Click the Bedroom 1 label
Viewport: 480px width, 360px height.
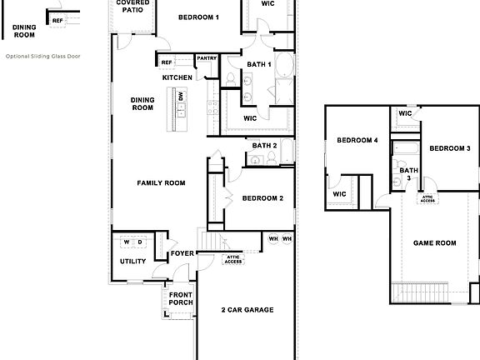[199, 17]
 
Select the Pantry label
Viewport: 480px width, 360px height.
[206, 58]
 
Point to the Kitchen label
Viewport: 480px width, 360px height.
[177, 77]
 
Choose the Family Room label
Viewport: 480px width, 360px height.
[161, 182]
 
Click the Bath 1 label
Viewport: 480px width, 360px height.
[259, 64]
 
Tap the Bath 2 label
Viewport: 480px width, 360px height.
[264, 146]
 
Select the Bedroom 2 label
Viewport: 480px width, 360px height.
[263, 198]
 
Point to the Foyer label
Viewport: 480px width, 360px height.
[182, 253]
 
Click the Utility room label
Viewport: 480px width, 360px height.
[132, 262]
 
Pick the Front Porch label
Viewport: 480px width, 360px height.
[181, 298]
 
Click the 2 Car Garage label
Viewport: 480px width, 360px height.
[247, 310]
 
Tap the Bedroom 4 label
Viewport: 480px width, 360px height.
[357, 141]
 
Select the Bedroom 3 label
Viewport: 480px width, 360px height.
[450, 148]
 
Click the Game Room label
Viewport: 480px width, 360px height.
[435, 243]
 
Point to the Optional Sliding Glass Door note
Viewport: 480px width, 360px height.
[42, 57]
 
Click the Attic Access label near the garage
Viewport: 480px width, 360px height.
[233, 258]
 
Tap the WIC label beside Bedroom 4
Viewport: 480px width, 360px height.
[339, 194]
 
